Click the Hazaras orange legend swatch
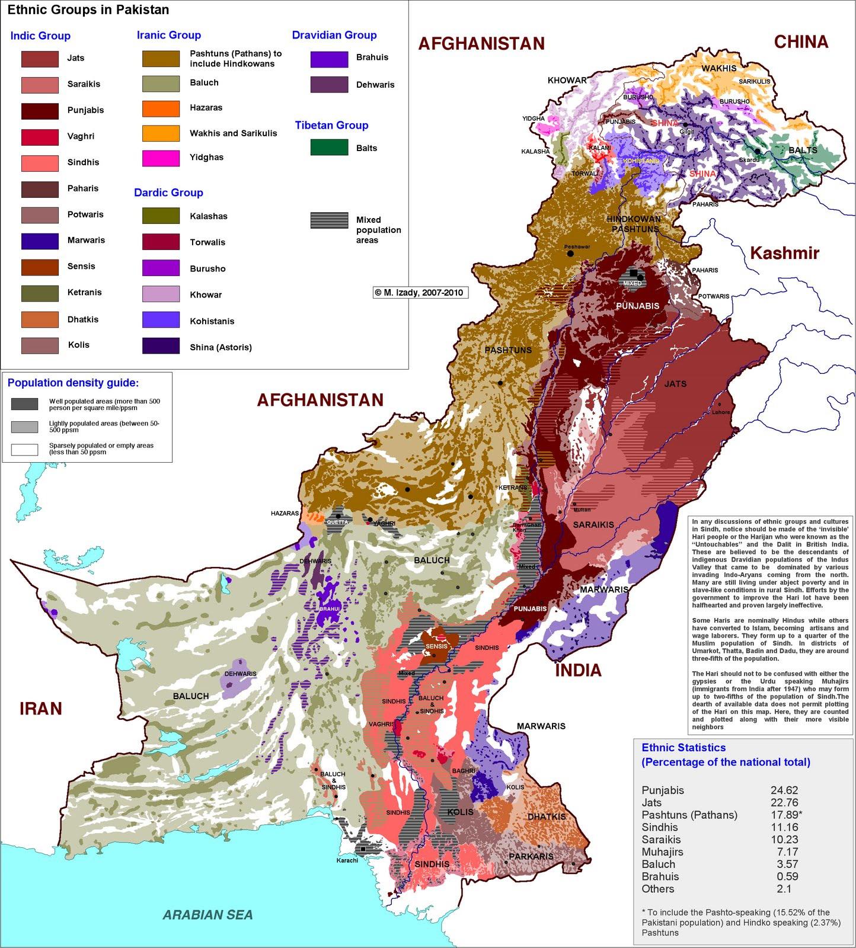[x=161, y=108]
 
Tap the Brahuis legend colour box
[x=329, y=59]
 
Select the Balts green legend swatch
[x=329, y=148]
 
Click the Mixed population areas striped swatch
[x=329, y=220]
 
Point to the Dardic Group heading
[x=168, y=193]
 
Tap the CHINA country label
[x=801, y=42]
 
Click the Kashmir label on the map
[x=784, y=254]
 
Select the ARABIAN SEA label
[x=208, y=915]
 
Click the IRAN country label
[x=41, y=709]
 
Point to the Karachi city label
[x=347, y=860]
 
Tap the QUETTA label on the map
[x=338, y=523]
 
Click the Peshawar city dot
[x=570, y=254]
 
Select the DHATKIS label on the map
[x=547, y=816]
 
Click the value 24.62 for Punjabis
[x=784, y=790]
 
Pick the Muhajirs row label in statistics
[x=662, y=852]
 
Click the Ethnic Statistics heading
[x=683, y=748]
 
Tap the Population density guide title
[x=74, y=383]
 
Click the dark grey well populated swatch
[x=24, y=404]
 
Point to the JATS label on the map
[x=675, y=384]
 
